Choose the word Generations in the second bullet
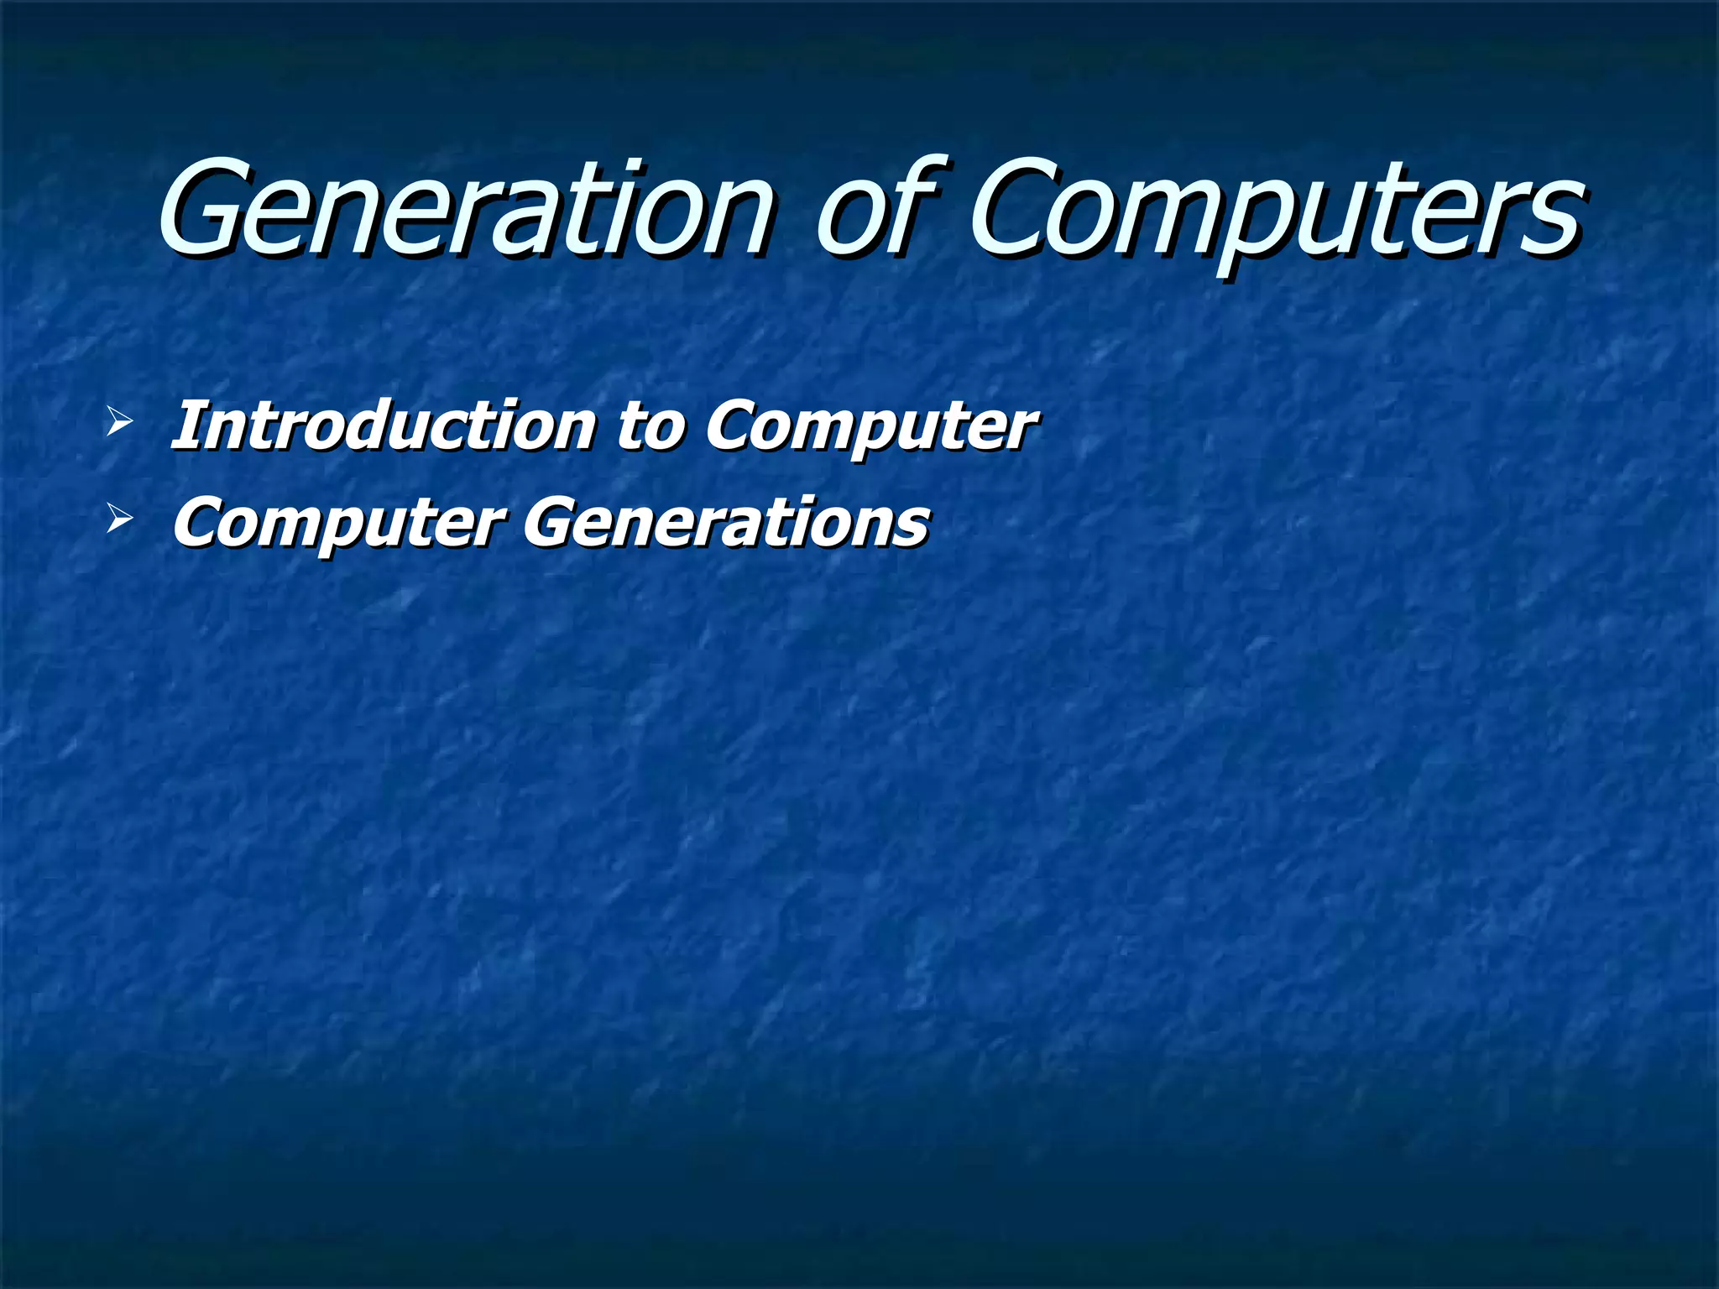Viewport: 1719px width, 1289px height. (x=726, y=522)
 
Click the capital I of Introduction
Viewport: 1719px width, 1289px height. (x=186, y=426)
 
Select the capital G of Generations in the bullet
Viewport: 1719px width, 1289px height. (x=554, y=522)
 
